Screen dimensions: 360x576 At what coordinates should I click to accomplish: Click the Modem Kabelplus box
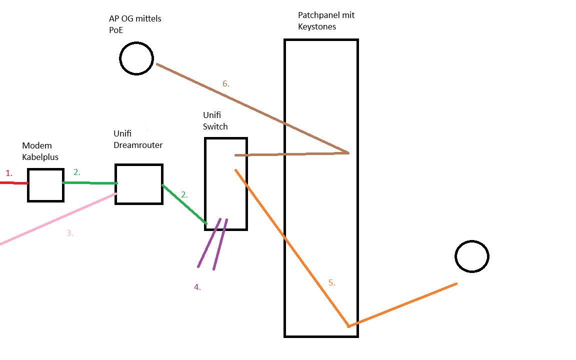coord(45,185)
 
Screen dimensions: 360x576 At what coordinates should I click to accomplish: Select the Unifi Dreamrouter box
coord(139,184)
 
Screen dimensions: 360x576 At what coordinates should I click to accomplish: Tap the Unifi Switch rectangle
coord(226,184)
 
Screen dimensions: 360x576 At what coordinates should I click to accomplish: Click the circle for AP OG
coord(136,58)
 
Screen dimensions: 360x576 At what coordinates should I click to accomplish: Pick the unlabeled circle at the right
coord(471,256)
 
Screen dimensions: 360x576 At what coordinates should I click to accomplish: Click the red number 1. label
coord(8,173)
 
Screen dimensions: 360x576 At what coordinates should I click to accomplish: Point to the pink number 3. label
coord(69,233)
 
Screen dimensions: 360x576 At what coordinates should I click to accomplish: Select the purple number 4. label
coord(197,287)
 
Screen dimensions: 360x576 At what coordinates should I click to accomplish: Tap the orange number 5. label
coord(331,283)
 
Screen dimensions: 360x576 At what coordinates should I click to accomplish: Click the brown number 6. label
coord(225,84)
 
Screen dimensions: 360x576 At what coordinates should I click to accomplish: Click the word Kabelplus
coord(40,157)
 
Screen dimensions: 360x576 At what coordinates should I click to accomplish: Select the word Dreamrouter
coord(138,145)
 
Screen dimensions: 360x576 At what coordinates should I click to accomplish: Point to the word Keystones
coord(317,26)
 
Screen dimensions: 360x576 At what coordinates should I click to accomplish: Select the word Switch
coord(215,126)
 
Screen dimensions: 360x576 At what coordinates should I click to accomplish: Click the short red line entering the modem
coord(13,183)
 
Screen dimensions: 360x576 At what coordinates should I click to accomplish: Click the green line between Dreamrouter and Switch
coord(184,204)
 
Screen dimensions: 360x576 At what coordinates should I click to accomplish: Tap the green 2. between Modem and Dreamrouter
coord(76,172)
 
